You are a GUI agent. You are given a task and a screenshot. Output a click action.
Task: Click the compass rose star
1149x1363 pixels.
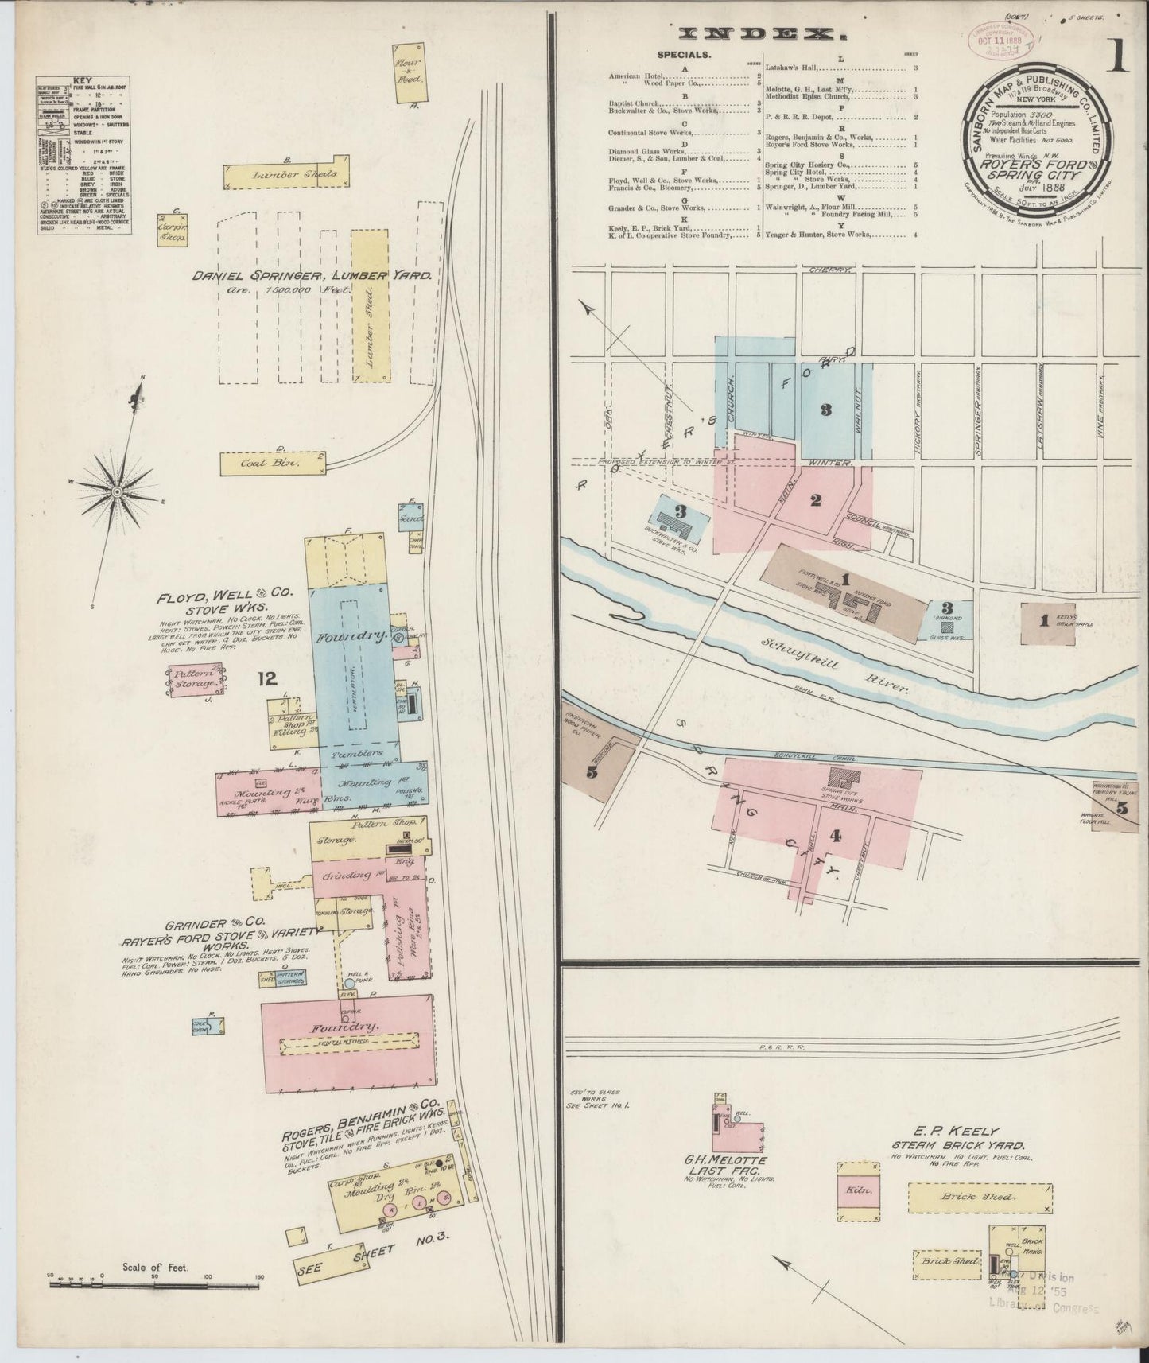pos(117,492)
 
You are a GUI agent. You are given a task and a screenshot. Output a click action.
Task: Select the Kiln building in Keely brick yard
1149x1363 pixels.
pos(860,1190)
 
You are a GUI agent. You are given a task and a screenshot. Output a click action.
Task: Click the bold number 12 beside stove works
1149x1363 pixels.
pos(266,678)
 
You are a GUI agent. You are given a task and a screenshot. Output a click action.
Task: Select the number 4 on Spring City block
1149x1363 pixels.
pos(835,835)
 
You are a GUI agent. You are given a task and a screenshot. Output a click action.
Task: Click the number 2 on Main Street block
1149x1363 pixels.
pos(815,500)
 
